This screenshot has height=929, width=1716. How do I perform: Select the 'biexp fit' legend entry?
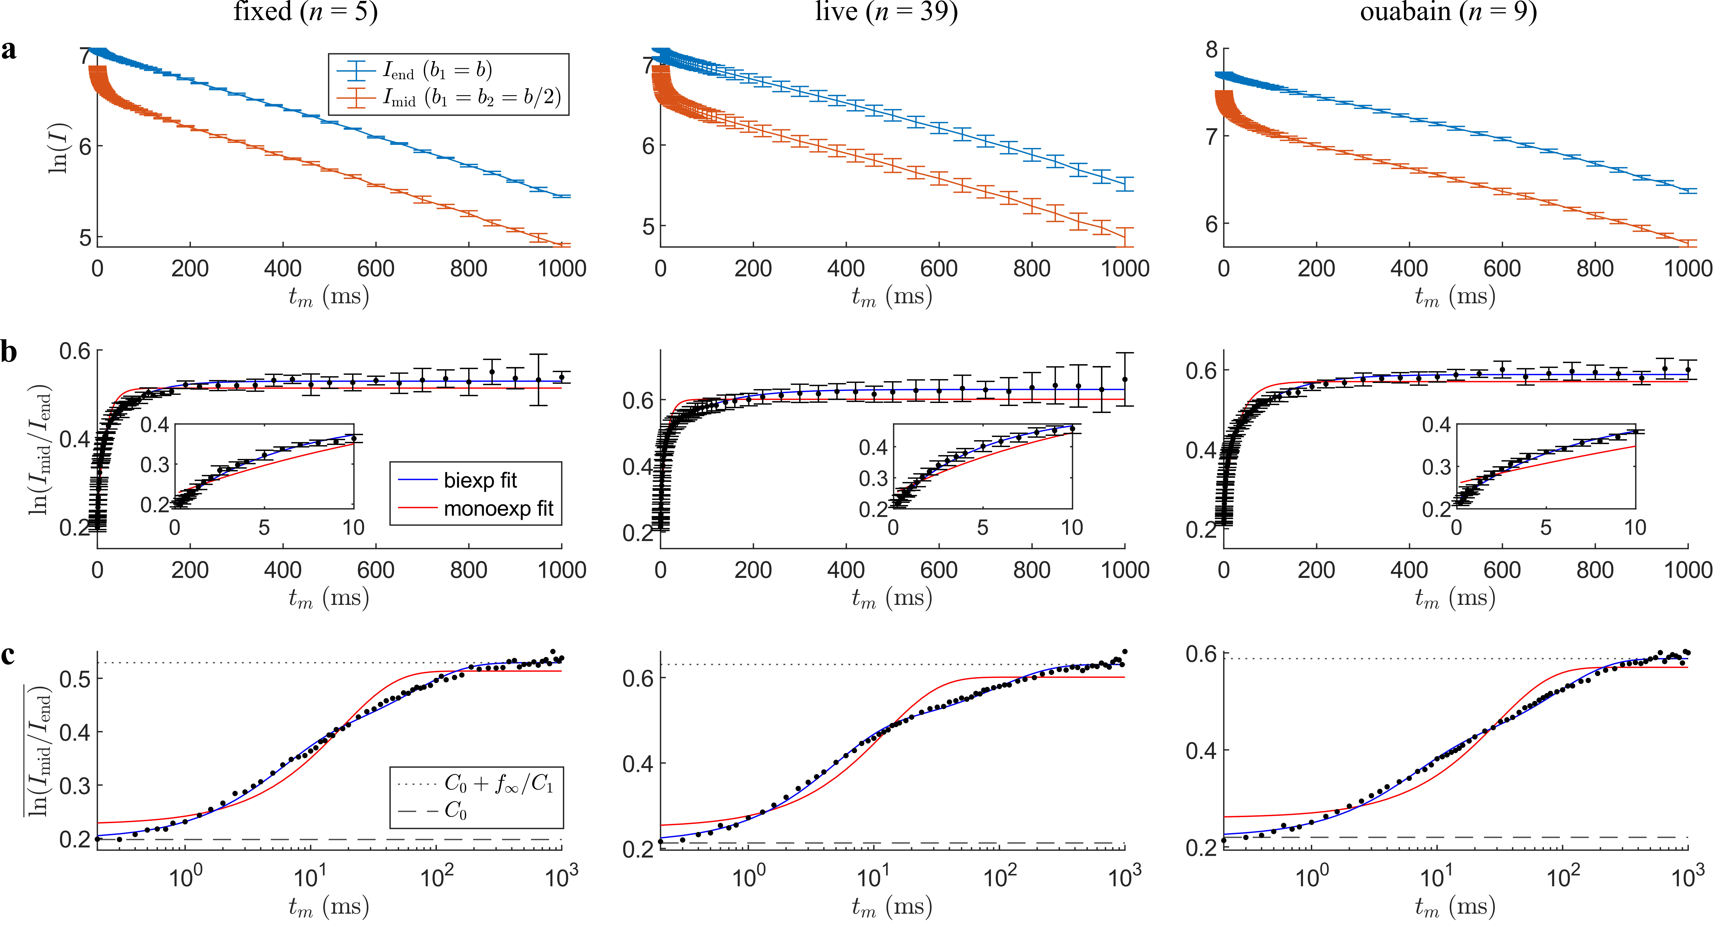tap(480, 480)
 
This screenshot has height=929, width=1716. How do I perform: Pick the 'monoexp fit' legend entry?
tap(498, 509)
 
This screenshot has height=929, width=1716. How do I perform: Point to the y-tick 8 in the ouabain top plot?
tap(1211, 50)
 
